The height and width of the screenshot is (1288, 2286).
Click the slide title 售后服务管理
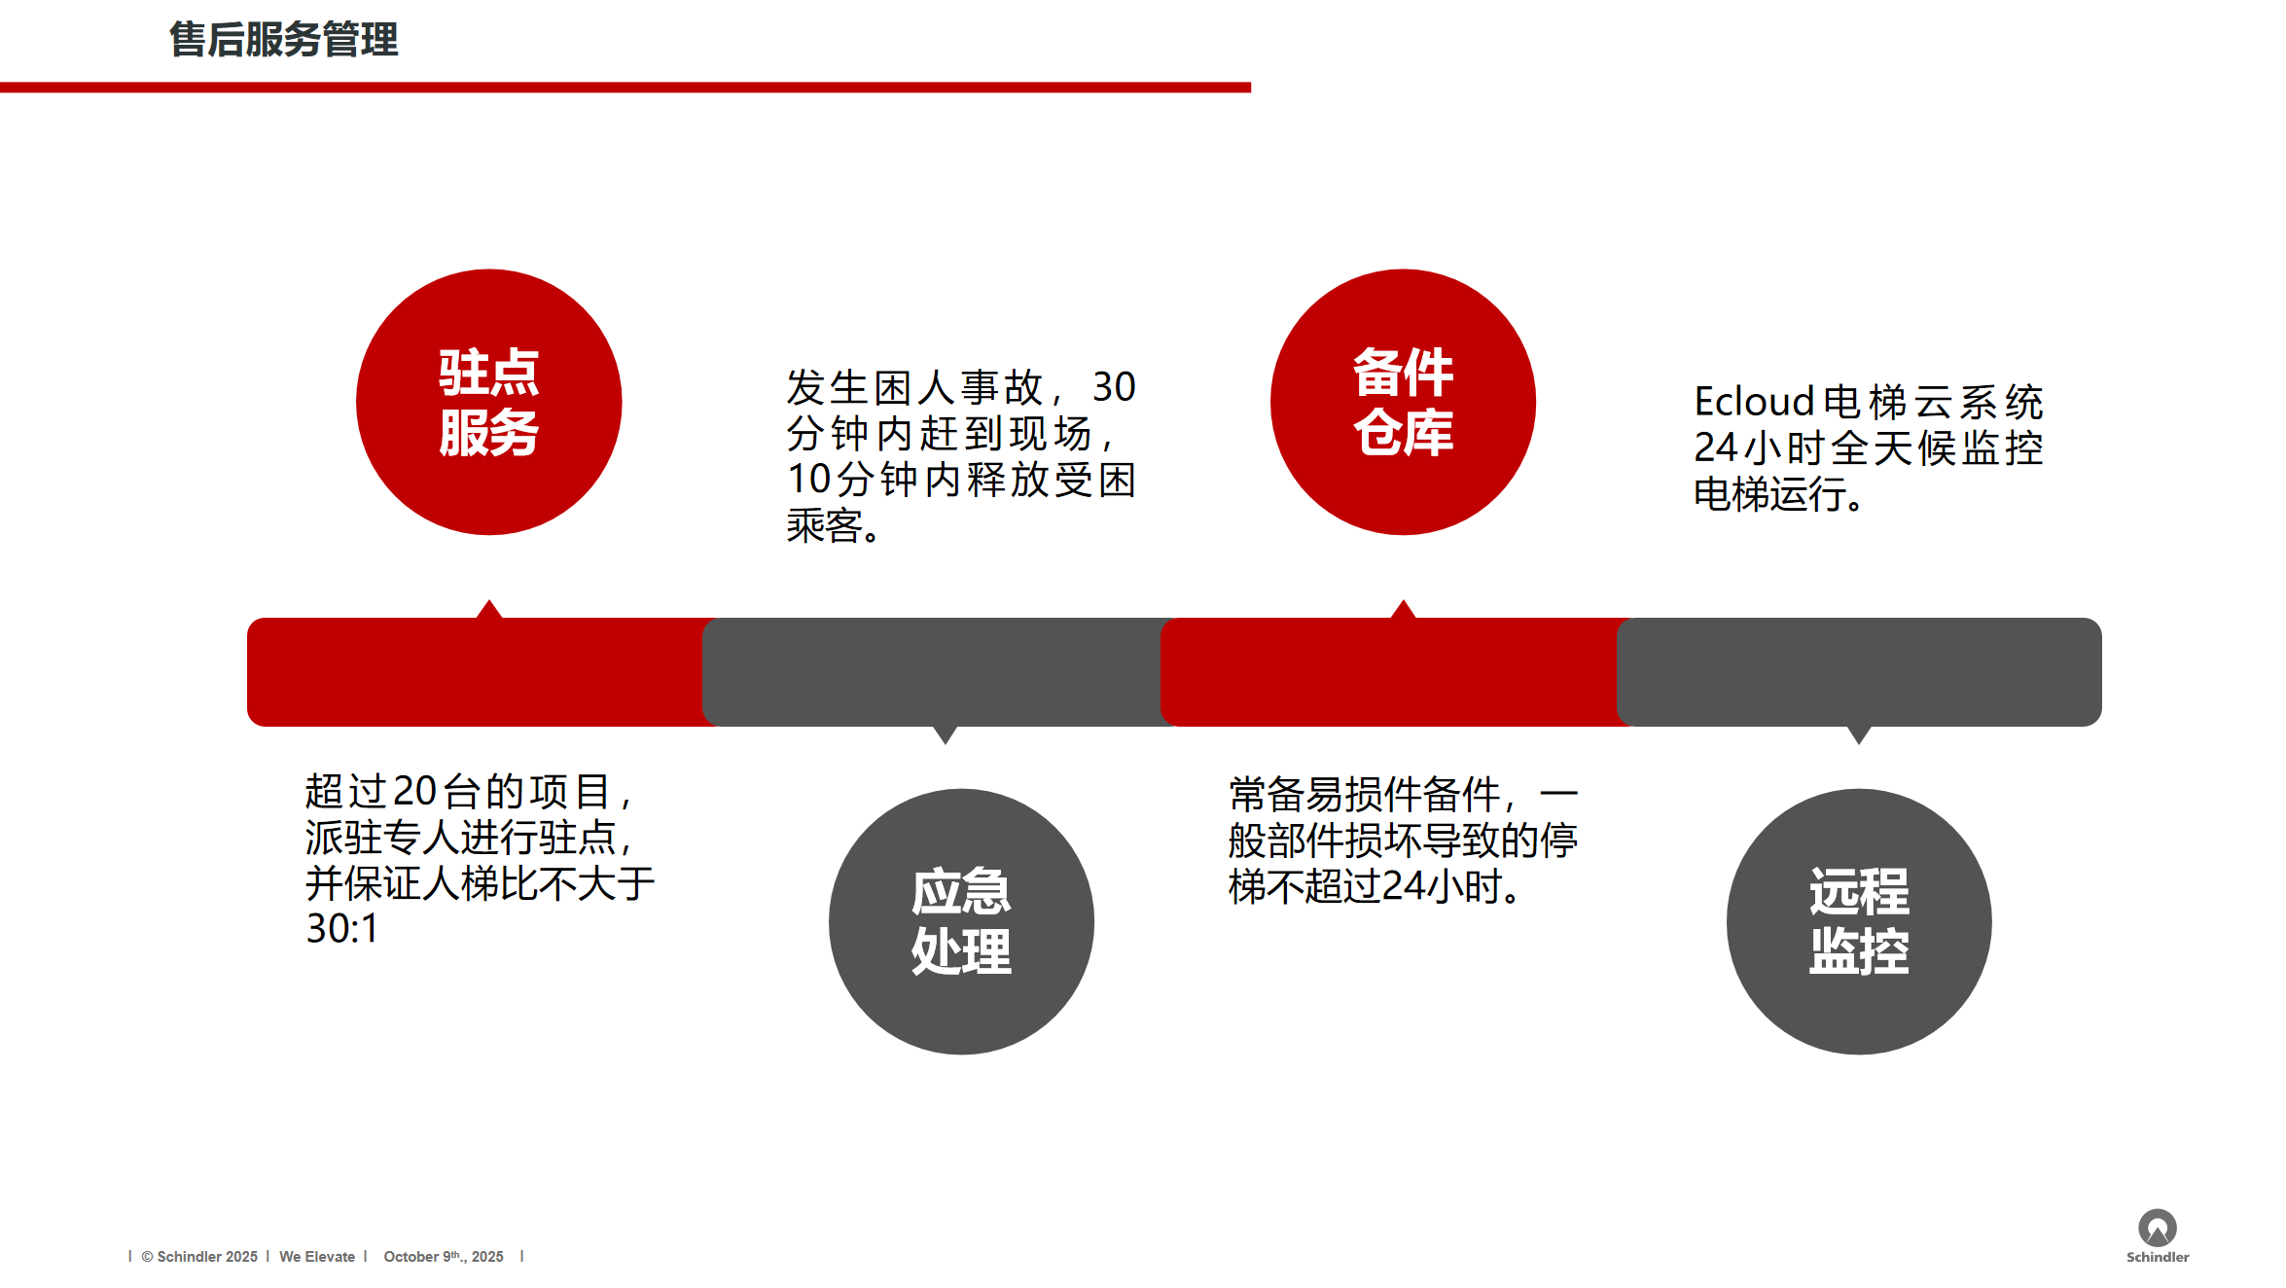(x=283, y=40)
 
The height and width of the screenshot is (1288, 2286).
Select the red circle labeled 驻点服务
(x=489, y=402)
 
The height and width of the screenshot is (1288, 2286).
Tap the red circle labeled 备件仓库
(x=1403, y=402)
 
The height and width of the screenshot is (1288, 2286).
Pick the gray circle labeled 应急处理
(x=961, y=921)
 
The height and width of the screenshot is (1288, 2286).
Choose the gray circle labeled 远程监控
(x=1859, y=921)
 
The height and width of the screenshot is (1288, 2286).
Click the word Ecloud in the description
(x=1755, y=402)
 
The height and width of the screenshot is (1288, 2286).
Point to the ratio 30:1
(x=341, y=928)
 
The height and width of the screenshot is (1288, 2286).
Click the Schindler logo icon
(x=2157, y=1228)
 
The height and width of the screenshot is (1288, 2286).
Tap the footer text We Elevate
(x=317, y=1257)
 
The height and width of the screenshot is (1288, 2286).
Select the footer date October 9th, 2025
(x=444, y=1257)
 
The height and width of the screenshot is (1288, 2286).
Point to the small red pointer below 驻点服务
(x=489, y=609)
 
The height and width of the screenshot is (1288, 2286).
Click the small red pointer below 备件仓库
(x=1403, y=609)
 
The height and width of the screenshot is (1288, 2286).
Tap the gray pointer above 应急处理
(x=945, y=735)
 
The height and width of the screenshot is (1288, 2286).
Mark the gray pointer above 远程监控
(x=1859, y=735)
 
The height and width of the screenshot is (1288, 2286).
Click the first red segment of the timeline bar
(x=477, y=672)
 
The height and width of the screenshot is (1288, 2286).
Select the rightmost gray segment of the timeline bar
(x=1859, y=672)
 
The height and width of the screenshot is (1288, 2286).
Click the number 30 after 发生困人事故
(x=1114, y=387)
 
